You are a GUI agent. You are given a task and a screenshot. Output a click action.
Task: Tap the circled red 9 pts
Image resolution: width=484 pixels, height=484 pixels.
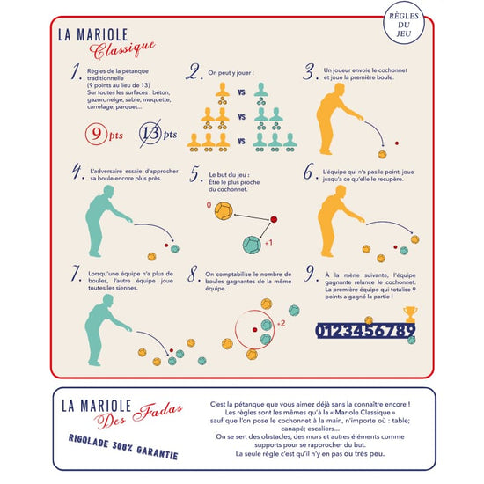click(101, 135)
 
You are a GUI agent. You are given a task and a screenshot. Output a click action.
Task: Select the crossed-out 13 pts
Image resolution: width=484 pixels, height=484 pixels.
click(157, 135)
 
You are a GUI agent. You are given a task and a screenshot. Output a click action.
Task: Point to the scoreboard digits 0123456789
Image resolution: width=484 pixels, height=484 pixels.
click(364, 331)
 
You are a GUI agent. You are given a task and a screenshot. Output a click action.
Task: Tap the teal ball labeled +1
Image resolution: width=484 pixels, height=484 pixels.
click(251, 242)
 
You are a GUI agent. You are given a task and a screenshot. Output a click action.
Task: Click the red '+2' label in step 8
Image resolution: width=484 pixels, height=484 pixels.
click(280, 324)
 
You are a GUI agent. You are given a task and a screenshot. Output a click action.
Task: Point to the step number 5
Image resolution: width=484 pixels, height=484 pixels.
click(196, 174)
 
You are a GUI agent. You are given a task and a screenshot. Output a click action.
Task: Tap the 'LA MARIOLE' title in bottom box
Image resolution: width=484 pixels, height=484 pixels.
click(96, 405)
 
